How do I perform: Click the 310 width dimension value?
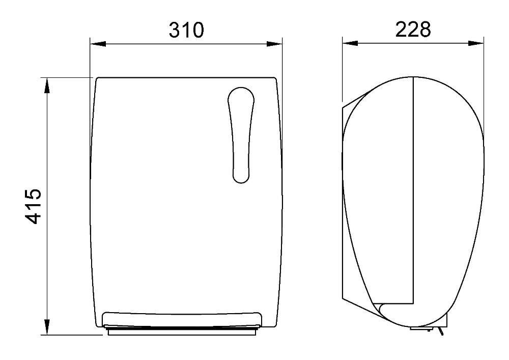click(186, 30)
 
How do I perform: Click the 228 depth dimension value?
click(413, 29)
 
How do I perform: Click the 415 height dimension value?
click(34, 206)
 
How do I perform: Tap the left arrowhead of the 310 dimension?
click(98, 44)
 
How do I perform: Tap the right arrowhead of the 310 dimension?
click(274, 44)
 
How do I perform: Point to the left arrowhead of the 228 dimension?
click(350, 43)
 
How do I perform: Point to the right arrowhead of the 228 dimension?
click(476, 43)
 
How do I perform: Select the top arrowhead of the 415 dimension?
click(47, 86)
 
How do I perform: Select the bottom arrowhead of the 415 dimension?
click(47, 327)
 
